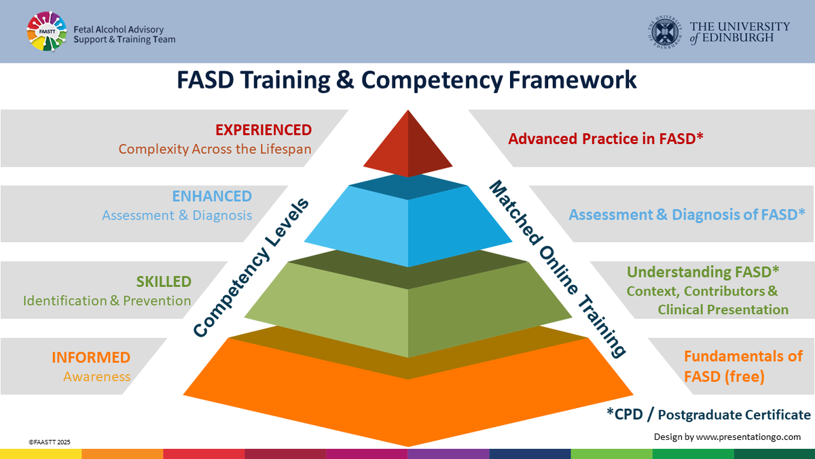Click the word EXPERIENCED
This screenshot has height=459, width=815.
264,130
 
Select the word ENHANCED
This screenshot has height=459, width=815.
212,197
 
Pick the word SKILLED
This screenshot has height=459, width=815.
164,282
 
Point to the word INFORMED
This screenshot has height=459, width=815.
91,358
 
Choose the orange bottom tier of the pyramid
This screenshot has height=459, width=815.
407,388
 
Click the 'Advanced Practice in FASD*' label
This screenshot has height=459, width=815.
606,139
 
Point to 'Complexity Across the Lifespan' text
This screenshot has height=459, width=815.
215,148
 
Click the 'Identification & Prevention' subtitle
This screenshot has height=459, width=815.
107,301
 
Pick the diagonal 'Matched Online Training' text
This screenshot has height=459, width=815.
557,269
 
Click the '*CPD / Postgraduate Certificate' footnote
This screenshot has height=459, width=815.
708,415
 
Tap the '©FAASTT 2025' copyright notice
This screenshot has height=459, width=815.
50,442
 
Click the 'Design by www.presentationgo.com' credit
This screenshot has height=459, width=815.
727,437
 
